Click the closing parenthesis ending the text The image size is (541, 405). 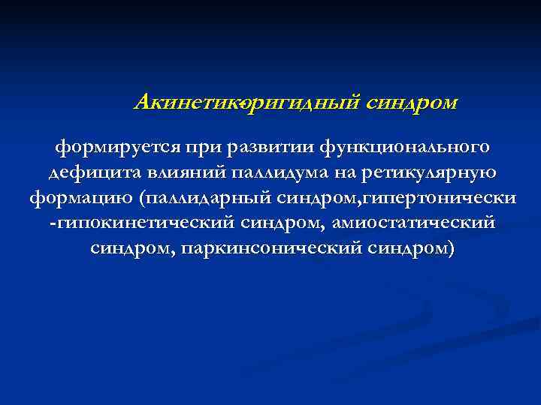[x=449, y=249]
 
